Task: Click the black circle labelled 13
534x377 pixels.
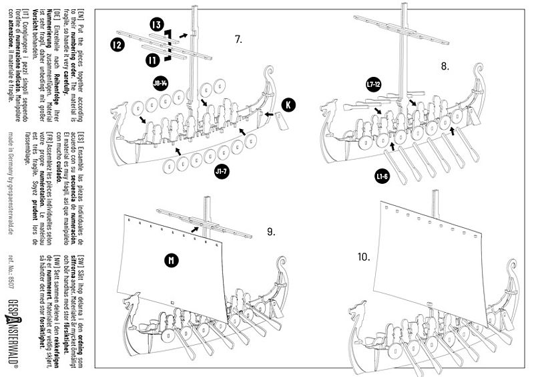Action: tap(157, 25)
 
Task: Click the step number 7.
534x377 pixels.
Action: tap(238, 39)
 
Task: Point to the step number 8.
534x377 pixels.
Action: tap(445, 66)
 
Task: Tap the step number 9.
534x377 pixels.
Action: tap(271, 231)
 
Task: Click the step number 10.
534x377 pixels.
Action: tap(364, 257)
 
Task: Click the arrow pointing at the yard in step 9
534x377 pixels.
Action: tap(194, 229)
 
